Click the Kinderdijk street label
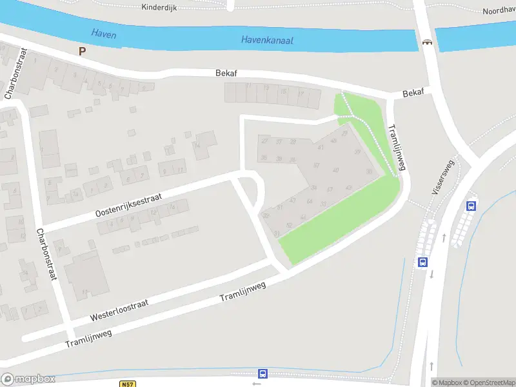[x=159, y=7]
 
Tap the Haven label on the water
[x=103, y=34]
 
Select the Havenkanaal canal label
[x=267, y=40]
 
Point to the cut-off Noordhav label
[x=499, y=11]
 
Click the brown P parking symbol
[x=82, y=51]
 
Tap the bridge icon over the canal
[x=426, y=43]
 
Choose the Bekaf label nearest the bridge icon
[x=413, y=94]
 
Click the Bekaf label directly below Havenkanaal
[x=226, y=74]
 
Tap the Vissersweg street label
[x=442, y=177]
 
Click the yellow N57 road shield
[x=128, y=384]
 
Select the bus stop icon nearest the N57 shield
[x=263, y=373]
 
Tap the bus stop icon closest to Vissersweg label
[x=471, y=206]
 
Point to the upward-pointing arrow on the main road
[x=444, y=238]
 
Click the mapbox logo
[x=28, y=379]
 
